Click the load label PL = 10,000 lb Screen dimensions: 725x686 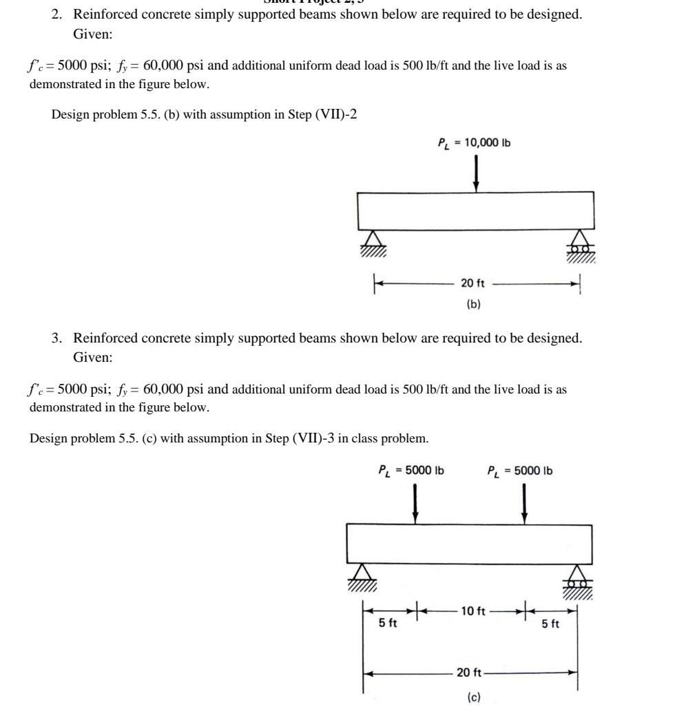(474, 143)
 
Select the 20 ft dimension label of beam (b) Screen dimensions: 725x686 (472, 283)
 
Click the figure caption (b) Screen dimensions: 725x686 (473, 304)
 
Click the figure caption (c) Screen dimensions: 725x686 (474, 697)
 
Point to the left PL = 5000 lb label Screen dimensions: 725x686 (411, 471)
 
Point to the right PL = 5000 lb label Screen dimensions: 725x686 (519, 471)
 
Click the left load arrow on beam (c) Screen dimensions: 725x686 (415, 503)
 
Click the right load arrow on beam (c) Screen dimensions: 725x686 (524, 503)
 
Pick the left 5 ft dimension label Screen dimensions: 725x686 (388, 624)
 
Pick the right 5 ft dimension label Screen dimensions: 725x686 (550, 624)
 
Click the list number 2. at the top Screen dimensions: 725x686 (58, 14)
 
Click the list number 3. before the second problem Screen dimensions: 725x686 (58, 338)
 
